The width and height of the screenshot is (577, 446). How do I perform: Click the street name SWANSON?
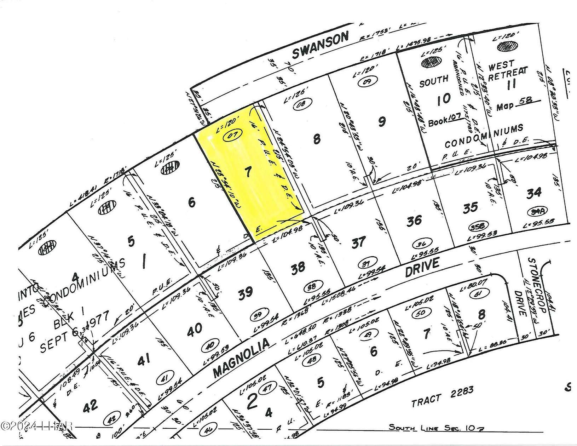pyautogui.click(x=321, y=45)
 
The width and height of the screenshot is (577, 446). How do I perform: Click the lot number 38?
pyautogui.click(x=298, y=267)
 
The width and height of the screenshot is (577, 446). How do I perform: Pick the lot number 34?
pyautogui.click(x=534, y=193)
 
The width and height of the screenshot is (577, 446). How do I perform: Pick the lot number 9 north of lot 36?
pyautogui.click(x=381, y=122)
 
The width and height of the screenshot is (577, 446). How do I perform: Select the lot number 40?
pyautogui.click(x=194, y=328)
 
